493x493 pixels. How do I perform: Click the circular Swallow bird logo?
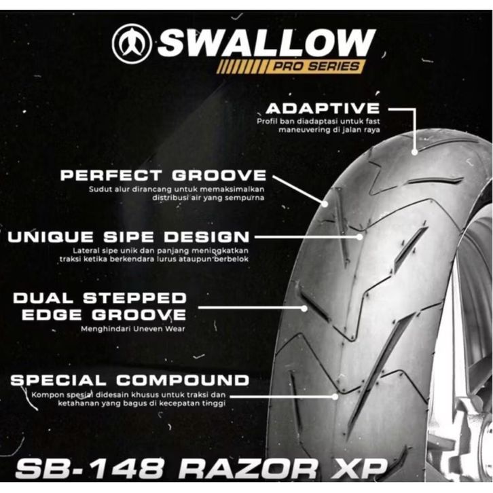(132, 44)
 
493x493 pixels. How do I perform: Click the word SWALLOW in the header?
(266, 43)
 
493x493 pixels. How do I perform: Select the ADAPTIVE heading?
(323, 109)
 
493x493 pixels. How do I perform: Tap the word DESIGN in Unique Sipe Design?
(211, 237)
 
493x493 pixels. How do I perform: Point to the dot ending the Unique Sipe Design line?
(360, 237)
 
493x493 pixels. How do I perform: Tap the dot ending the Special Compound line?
(335, 395)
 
